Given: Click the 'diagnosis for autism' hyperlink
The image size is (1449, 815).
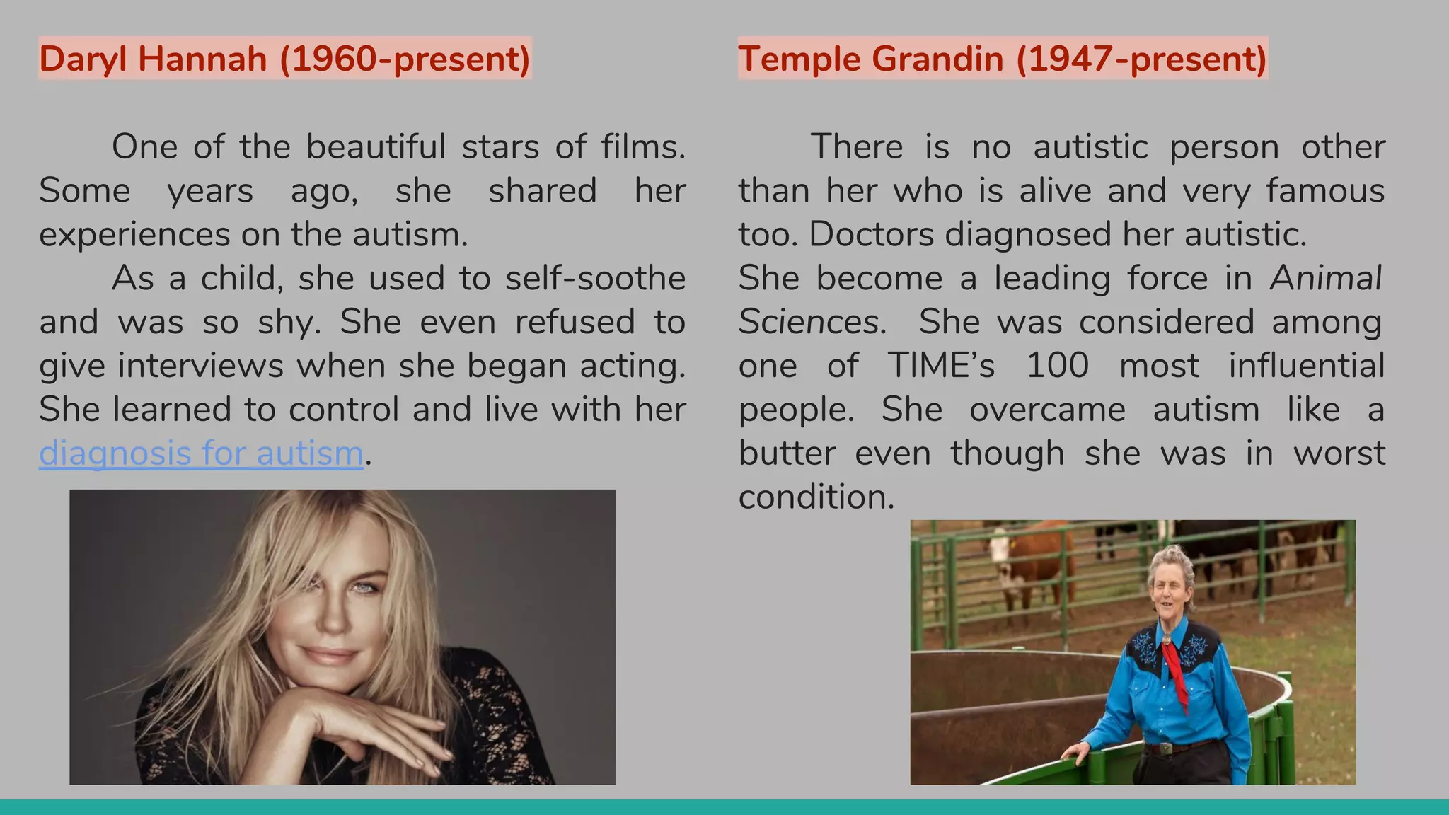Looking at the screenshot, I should click(x=201, y=453).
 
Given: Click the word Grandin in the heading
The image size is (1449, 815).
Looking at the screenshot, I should click(x=937, y=59).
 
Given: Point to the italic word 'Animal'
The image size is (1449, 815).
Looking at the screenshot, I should click(x=1325, y=279).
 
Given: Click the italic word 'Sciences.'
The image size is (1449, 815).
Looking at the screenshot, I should click(x=812, y=323).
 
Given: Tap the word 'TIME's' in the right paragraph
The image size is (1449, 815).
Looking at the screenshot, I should click(x=941, y=366).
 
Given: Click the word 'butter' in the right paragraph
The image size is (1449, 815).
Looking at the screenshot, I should click(x=787, y=454).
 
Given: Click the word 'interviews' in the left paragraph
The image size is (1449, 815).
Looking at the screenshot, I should click(x=200, y=366).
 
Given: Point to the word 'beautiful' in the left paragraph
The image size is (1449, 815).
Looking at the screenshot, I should click(x=376, y=147).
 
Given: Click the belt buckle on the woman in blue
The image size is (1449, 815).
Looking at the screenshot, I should click(x=1165, y=748).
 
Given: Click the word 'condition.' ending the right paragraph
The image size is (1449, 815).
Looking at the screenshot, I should click(x=816, y=497).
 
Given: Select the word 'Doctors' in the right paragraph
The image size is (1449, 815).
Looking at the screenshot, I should click(x=871, y=235).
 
